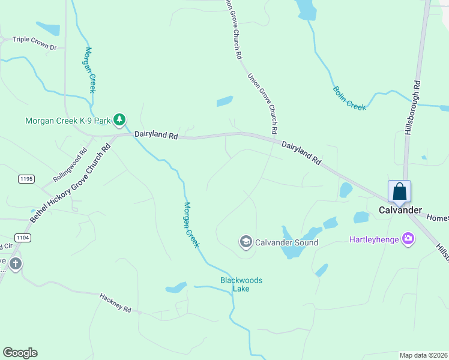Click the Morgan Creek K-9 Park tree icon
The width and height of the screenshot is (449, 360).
pos(119,120)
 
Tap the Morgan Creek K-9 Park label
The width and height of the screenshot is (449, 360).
pos(68,121)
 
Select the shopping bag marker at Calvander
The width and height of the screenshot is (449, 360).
pos(399,192)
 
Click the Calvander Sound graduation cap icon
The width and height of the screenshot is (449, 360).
pos(246,242)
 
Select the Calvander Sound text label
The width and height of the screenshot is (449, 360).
pos(286,242)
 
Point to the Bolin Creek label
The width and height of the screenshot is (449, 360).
pos(349,98)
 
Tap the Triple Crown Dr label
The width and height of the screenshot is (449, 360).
pos(34,46)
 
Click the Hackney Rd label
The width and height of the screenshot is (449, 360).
pos(115,302)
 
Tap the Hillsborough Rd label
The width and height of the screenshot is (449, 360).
pos(412,108)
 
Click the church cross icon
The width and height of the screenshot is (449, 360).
pos(15,263)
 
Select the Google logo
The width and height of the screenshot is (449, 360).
pos(20,353)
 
